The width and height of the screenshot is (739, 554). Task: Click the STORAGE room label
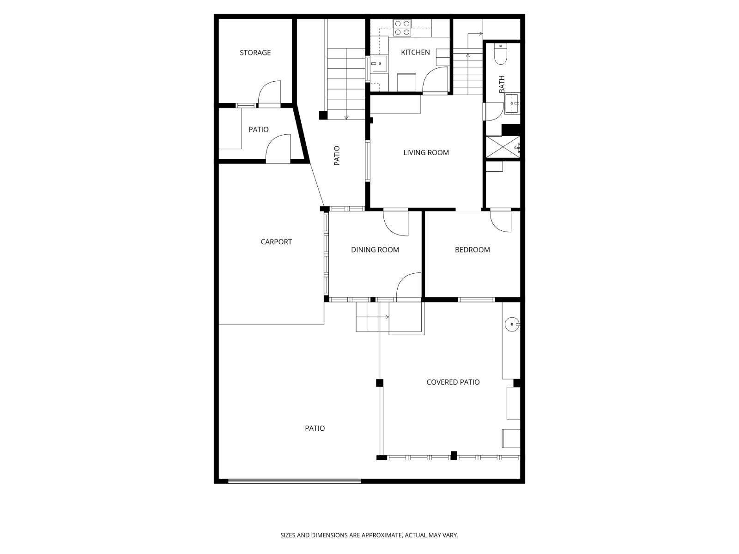[x=255, y=53]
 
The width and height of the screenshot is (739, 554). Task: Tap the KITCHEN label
[x=415, y=52]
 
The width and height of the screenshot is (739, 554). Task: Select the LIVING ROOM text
[x=426, y=152]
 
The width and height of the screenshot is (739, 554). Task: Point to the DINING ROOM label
[x=375, y=250]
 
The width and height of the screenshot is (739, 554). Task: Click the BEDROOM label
[x=472, y=250]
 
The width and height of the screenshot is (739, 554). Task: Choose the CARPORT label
[x=276, y=241]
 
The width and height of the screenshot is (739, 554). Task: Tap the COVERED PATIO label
[x=453, y=382]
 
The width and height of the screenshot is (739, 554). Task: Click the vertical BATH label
[x=502, y=84]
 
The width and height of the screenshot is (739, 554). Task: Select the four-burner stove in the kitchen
[x=402, y=28]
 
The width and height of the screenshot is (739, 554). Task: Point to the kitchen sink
[x=379, y=64]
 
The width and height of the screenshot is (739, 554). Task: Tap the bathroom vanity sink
[x=512, y=104]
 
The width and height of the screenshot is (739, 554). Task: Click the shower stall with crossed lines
[x=503, y=147]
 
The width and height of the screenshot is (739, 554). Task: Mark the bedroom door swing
[x=501, y=221]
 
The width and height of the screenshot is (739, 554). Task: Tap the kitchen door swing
[x=435, y=79]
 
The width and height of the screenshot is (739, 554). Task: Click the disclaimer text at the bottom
[x=369, y=535]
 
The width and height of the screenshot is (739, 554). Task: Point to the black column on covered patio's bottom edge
[x=454, y=456]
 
